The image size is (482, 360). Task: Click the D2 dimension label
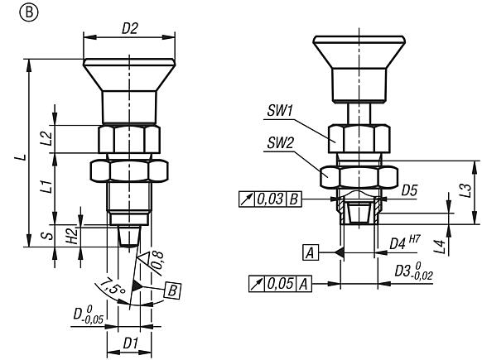pos(129,28)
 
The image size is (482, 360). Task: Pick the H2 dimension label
pos(72,235)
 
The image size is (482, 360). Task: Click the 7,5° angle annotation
pos(106,291)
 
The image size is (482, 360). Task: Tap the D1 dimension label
pos(129,340)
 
